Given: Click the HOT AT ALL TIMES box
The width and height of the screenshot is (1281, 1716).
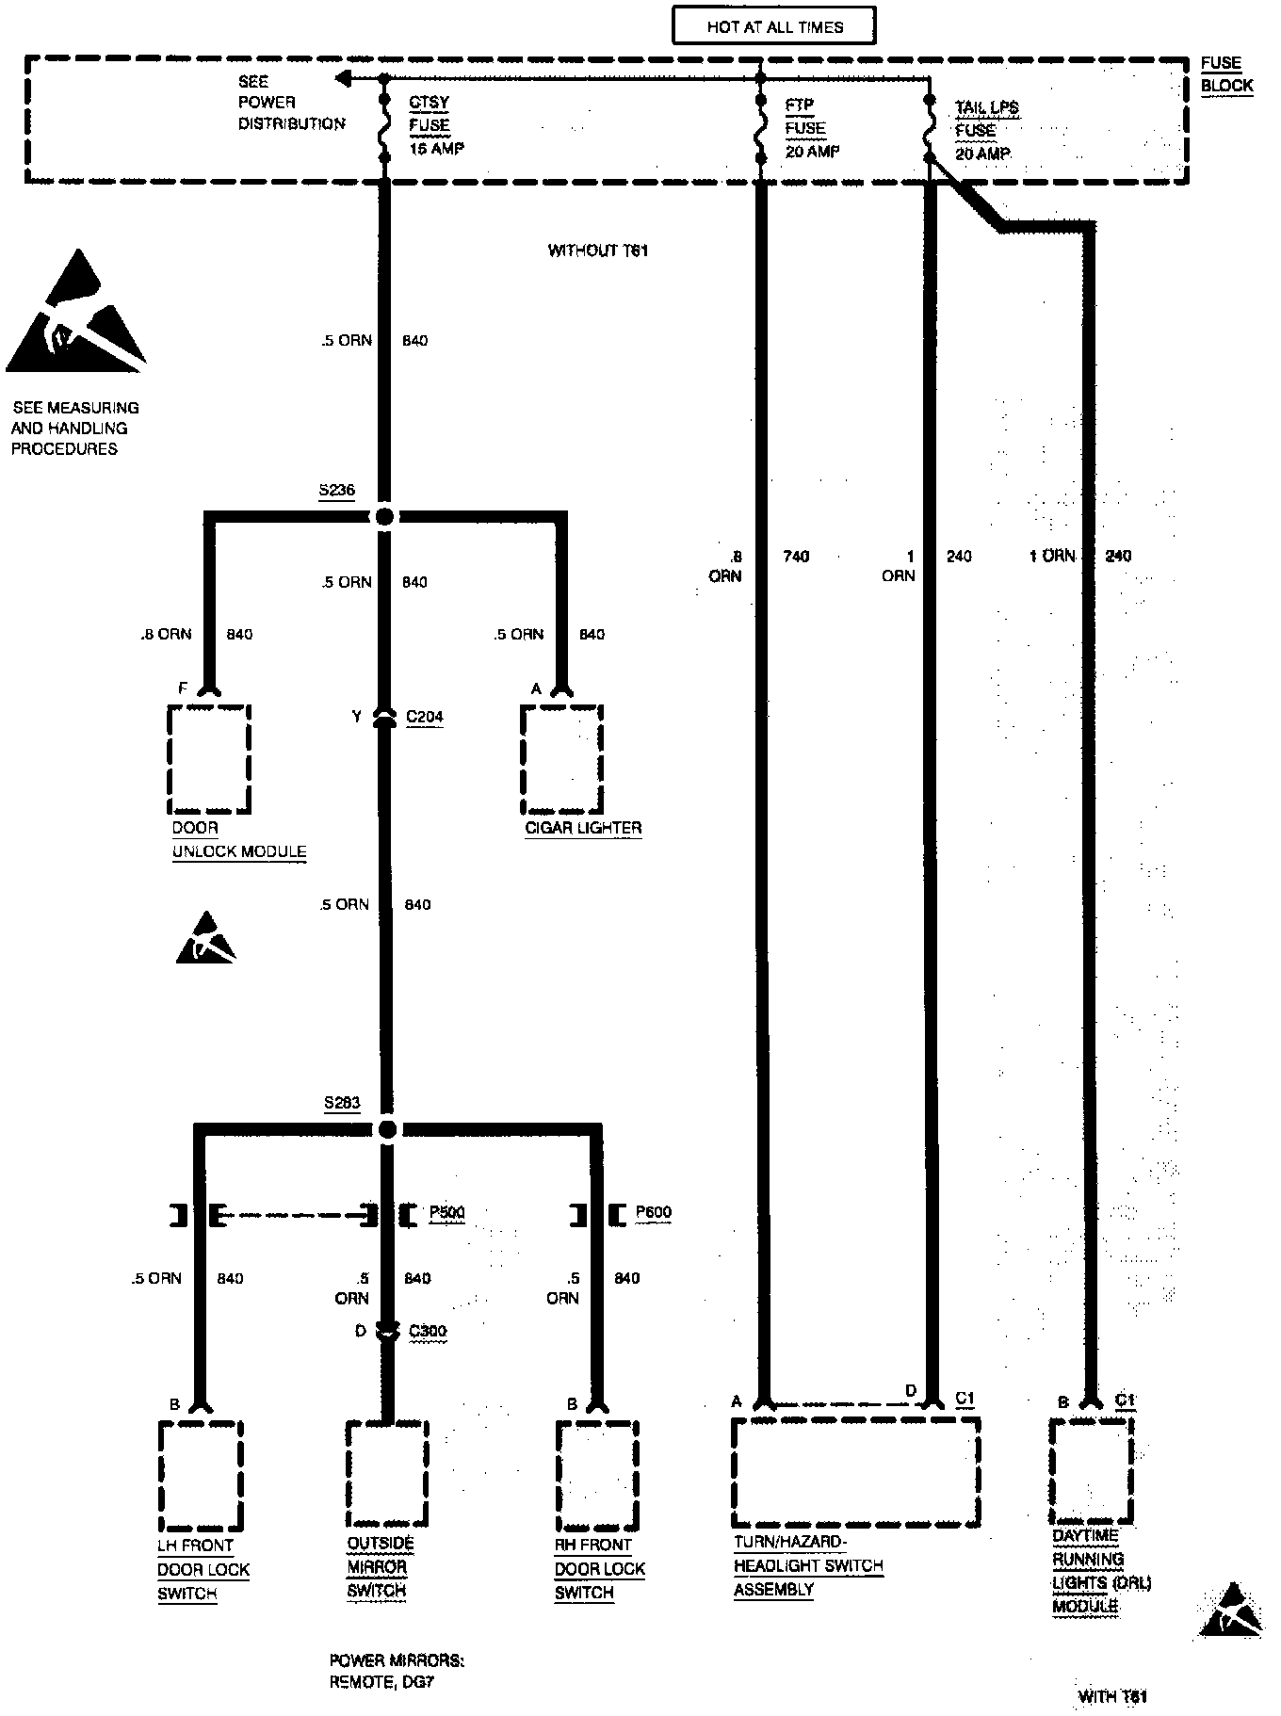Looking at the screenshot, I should [773, 26].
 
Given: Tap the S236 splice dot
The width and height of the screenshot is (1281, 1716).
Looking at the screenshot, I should [383, 516].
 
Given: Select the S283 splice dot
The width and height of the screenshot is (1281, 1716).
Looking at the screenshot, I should [387, 1129].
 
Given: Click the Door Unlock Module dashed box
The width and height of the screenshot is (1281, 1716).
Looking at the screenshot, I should [209, 759].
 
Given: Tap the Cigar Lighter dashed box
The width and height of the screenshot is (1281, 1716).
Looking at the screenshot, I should [561, 759].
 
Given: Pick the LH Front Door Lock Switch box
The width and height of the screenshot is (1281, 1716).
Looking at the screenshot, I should [200, 1475].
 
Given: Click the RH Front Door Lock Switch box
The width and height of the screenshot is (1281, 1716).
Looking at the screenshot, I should [597, 1475].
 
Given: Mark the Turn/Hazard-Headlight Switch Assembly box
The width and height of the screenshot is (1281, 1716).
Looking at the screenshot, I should [855, 1472].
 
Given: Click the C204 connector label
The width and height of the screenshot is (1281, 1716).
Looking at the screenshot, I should [424, 718].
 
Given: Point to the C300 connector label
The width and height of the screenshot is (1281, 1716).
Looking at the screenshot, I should [428, 1332].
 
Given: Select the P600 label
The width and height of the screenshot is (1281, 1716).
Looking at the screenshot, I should [653, 1212].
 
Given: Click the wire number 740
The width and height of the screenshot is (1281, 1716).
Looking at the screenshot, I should [796, 557].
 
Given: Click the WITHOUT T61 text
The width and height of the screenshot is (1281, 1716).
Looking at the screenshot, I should [598, 251].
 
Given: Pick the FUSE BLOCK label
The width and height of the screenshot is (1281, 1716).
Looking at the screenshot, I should [1225, 74].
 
